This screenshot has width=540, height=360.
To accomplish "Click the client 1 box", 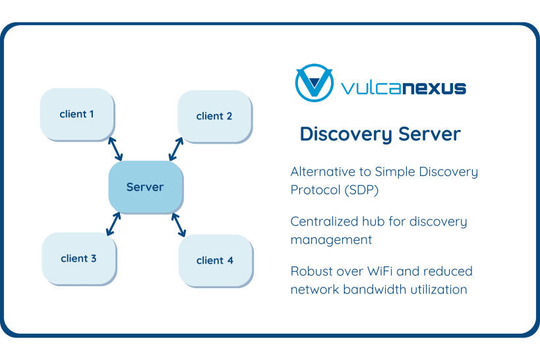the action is (78, 115).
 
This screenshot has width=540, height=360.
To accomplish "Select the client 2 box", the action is (215, 117).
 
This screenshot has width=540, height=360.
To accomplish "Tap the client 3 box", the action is (79, 259).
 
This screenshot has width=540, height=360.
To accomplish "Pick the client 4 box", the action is (216, 261).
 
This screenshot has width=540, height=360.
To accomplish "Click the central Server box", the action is (146, 187).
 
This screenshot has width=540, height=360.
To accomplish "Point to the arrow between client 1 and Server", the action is (115, 149).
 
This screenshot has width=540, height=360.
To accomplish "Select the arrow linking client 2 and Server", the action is (176, 149).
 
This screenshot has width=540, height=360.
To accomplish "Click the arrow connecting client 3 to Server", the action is (113, 224).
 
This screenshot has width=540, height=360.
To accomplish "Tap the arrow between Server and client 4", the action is (179, 225).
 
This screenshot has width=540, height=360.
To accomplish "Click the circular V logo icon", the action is (314, 83).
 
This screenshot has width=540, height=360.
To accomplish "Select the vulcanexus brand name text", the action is (404, 88).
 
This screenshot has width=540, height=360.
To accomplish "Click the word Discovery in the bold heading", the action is (346, 134).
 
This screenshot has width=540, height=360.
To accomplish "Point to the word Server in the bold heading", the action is (429, 134).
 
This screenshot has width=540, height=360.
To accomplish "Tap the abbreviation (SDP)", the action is (363, 190).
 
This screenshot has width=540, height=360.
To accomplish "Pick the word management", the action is (331, 240).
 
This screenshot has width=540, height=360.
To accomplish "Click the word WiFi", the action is (382, 272).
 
